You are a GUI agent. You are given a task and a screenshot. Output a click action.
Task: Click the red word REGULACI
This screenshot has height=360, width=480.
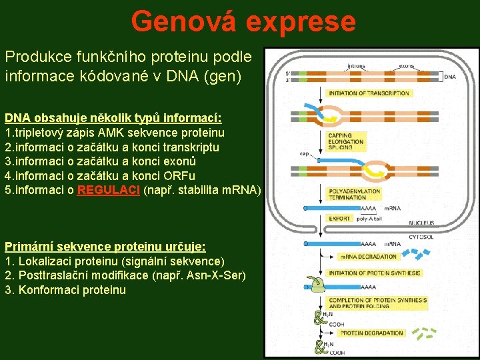pos(109,189)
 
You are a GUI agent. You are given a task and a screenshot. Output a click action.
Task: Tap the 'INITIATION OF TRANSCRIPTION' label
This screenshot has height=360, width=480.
pos(369,93)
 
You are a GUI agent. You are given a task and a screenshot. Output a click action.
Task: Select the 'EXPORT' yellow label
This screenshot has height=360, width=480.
pos(339,218)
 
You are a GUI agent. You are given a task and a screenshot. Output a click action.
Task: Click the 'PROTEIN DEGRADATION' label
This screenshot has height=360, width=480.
pos(371,333)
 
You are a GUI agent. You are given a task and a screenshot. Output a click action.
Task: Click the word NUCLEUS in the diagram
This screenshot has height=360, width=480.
pos(421,223)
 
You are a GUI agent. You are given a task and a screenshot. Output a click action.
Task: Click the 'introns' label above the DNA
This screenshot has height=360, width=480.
pos(357,66)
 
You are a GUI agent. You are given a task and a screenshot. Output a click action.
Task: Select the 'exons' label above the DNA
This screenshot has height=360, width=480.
pos(407,66)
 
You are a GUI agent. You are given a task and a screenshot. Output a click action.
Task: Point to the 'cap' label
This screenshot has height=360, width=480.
pos(304,153)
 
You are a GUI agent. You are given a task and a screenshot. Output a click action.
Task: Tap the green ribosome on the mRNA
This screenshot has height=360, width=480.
pos(317,284)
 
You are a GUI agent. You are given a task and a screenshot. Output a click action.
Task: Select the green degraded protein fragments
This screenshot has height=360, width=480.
pos(427,331)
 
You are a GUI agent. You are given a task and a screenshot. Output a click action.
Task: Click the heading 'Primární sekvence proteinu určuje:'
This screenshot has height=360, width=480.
pos(105,246)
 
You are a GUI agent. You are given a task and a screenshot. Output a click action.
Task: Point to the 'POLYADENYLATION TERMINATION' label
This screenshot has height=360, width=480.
pos(354,194)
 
